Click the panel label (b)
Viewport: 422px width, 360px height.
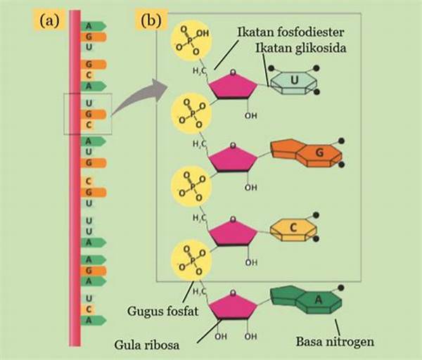click(151, 20)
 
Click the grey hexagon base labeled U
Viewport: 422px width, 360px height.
click(293, 82)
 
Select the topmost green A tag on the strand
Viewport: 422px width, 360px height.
click(93, 27)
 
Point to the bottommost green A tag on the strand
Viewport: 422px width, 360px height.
click(93, 320)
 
